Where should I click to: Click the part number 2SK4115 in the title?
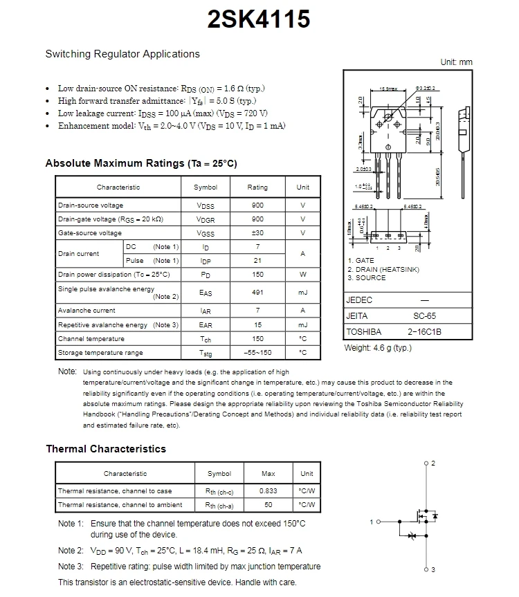259,19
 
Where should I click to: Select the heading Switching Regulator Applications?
122,54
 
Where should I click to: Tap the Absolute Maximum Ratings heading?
141,163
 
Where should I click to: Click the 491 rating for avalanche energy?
257,293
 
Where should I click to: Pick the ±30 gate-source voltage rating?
257,233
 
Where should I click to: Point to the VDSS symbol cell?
206,205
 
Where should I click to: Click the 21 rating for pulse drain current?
257,261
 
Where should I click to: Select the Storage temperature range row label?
100,353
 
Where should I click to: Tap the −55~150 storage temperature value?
257,353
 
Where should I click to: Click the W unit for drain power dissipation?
302,275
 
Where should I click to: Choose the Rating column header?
257,187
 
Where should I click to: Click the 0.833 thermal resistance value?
268,491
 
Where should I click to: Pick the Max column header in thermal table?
268,474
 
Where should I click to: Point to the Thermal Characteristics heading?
106,449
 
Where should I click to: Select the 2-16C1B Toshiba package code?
424,332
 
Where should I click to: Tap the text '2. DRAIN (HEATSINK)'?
383,270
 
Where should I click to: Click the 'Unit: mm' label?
456,62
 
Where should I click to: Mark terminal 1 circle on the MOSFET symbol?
379,522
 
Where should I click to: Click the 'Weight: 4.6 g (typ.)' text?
378,348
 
